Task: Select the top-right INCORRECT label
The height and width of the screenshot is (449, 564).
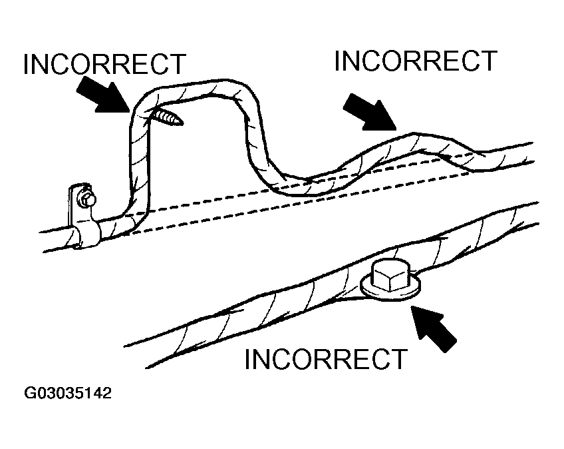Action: point(416,61)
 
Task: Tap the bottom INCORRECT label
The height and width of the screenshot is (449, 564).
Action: point(325,359)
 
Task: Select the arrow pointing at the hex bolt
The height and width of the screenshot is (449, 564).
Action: point(434,328)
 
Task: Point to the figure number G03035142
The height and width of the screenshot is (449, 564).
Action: point(68,394)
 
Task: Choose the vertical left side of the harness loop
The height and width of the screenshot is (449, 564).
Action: point(138,160)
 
